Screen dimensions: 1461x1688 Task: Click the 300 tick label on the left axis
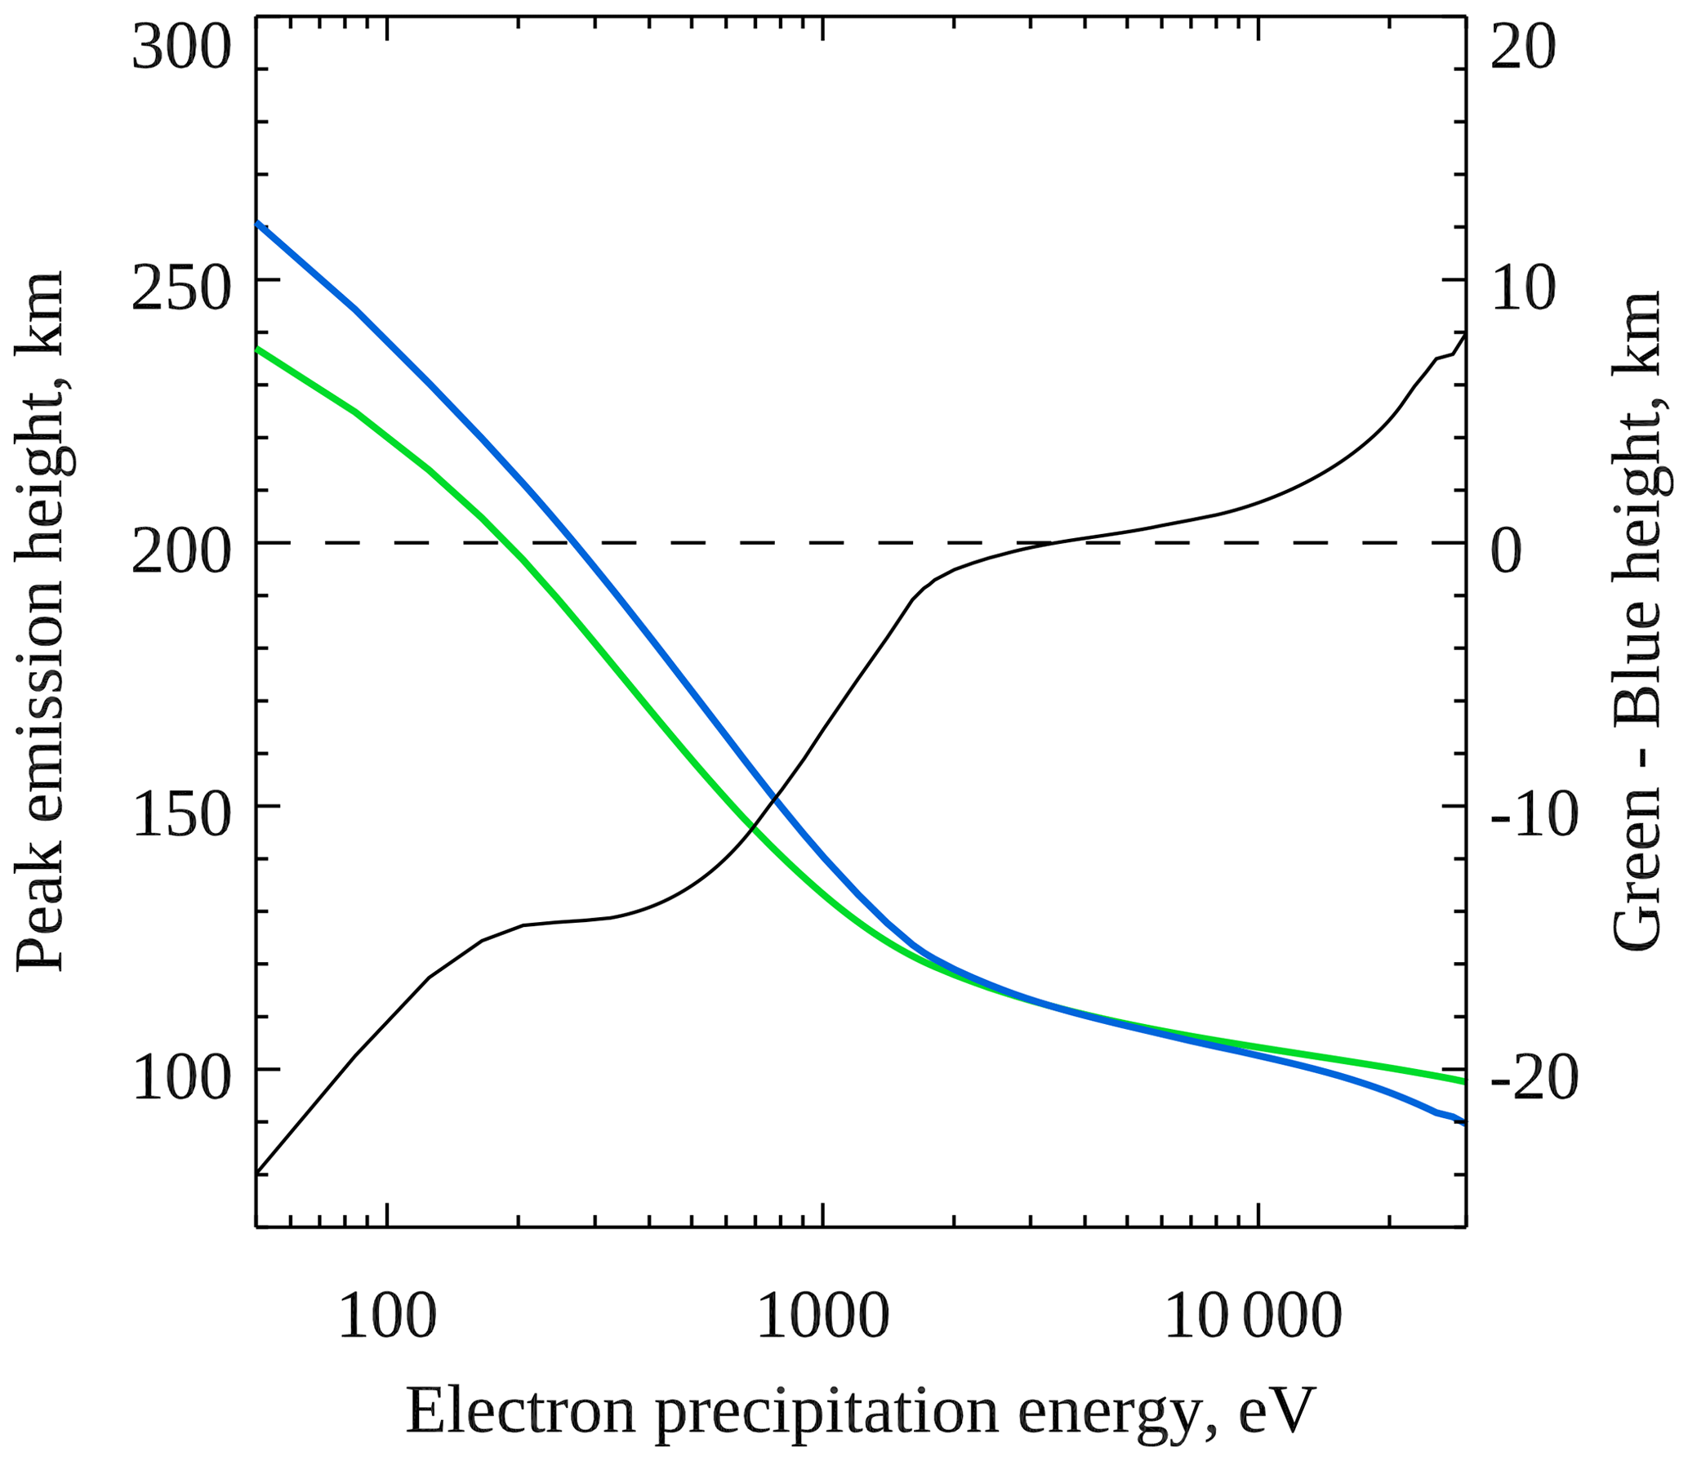tap(181, 48)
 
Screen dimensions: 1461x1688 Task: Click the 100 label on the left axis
tap(181, 1078)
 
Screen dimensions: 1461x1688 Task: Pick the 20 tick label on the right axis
tap(1523, 48)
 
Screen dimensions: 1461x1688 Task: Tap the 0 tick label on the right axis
tap(1507, 551)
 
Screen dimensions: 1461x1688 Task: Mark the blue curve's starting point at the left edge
tap(258, 222)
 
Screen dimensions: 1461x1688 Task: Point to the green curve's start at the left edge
tap(258, 349)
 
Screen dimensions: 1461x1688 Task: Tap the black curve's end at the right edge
tap(1465, 334)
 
